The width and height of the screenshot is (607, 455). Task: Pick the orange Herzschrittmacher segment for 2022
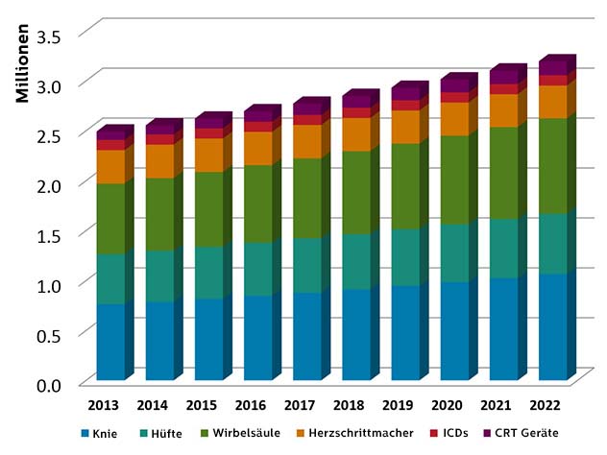(x=553, y=102)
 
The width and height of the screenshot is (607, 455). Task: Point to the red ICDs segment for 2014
(x=159, y=139)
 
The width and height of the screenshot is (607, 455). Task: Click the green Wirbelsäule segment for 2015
(x=209, y=209)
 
